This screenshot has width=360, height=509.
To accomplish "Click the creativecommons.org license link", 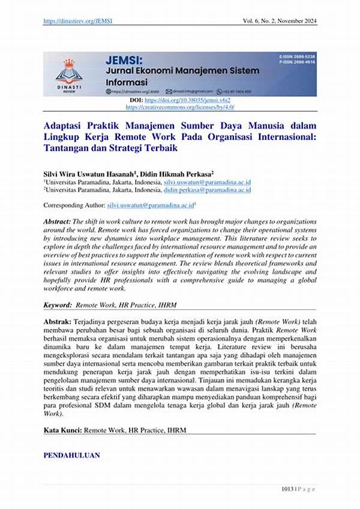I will [180, 107].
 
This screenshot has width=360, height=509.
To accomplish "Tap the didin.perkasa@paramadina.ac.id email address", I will [207, 190].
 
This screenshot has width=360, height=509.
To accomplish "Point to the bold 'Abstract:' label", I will [57, 222].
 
